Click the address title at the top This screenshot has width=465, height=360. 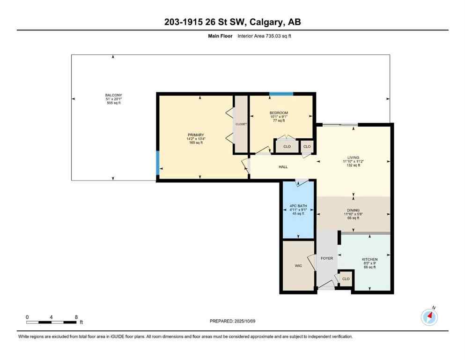[x=232, y=22]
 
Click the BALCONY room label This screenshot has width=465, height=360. [x=113, y=95]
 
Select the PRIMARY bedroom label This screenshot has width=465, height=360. [x=195, y=135]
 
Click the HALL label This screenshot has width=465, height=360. [x=283, y=167]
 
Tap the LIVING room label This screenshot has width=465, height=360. [x=353, y=157]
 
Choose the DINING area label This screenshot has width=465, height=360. [x=353, y=210]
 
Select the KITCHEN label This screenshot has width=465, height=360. [x=369, y=259]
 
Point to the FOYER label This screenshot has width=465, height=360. [x=326, y=258]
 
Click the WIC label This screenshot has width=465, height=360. [x=298, y=266]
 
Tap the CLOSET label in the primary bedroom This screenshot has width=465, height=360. [x=241, y=124]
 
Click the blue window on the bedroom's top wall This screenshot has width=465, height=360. [x=281, y=94]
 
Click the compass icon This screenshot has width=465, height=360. [x=429, y=317]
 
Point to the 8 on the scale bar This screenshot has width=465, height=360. [x=76, y=317]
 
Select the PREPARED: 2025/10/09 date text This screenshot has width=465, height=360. [x=232, y=321]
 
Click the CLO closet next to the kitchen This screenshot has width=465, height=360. [x=346, y=279]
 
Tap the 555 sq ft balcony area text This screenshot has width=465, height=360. [x=113, y=103]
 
